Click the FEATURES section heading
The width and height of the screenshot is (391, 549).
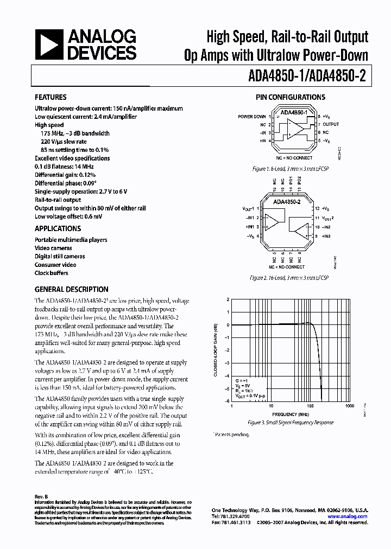51,98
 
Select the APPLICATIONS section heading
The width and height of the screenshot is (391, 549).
58,229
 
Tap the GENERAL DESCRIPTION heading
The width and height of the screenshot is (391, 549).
71,290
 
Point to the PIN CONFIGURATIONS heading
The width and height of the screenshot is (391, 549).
291,98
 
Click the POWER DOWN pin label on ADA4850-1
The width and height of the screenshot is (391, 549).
252,117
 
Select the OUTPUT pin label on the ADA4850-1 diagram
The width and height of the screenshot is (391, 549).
330,124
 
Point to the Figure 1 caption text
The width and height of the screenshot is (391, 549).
291,169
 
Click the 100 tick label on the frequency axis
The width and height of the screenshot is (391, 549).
311,406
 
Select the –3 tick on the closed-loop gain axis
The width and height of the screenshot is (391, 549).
228,362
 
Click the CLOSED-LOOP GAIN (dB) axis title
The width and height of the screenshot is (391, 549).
216,350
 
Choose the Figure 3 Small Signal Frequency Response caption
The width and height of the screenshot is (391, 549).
291,422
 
